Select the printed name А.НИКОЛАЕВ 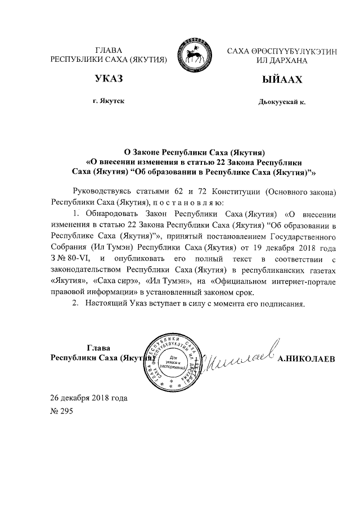[307, 359]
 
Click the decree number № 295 [61, 411]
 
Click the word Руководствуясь [103, 191]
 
